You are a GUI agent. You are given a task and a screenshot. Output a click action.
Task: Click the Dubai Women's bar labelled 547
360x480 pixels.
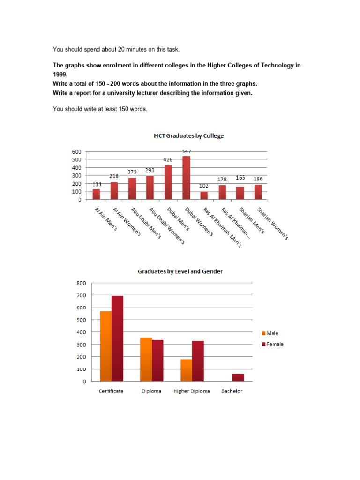pyautogui.click(x=186, y=178)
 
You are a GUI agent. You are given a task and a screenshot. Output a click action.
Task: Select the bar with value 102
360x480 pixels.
pyautogui.click(x=204, y=195)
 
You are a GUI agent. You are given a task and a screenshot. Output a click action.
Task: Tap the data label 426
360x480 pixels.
pyautogui.click(x=168, y=160)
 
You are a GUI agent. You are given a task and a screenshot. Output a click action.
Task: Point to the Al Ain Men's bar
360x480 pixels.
pyautogui.click(x=96, y=194)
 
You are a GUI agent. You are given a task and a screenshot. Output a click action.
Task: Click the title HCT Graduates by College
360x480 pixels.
pyautogui.click(x=189, y=136)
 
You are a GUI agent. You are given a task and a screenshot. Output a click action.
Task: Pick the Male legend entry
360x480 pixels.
pyautogui.click(x=272, y=333)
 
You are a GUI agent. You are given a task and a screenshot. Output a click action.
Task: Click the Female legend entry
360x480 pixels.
pyautogui.click(x=274, y=344)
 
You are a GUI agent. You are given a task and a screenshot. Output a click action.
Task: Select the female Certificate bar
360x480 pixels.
pyautogui.click(x=117, y=338)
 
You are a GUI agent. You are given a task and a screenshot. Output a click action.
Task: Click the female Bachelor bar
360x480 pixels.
pyautogui.click(x=238, y=377)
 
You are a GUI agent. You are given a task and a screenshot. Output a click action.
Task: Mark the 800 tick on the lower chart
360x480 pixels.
pyautogui.click(x=81, y=283)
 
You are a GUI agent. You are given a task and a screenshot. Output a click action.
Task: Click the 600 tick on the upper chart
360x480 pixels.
pyautogui.click(x=76, y=152)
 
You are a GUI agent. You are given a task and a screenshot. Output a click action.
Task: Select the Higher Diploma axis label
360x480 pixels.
pyautogui.click(x=192, y=391)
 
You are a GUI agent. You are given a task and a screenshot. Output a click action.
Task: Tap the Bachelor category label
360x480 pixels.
pyautogui.click(x=232, y=391)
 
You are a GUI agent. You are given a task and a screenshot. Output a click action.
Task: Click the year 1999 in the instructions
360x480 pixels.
pyautogui.click(x=60, y=74)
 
